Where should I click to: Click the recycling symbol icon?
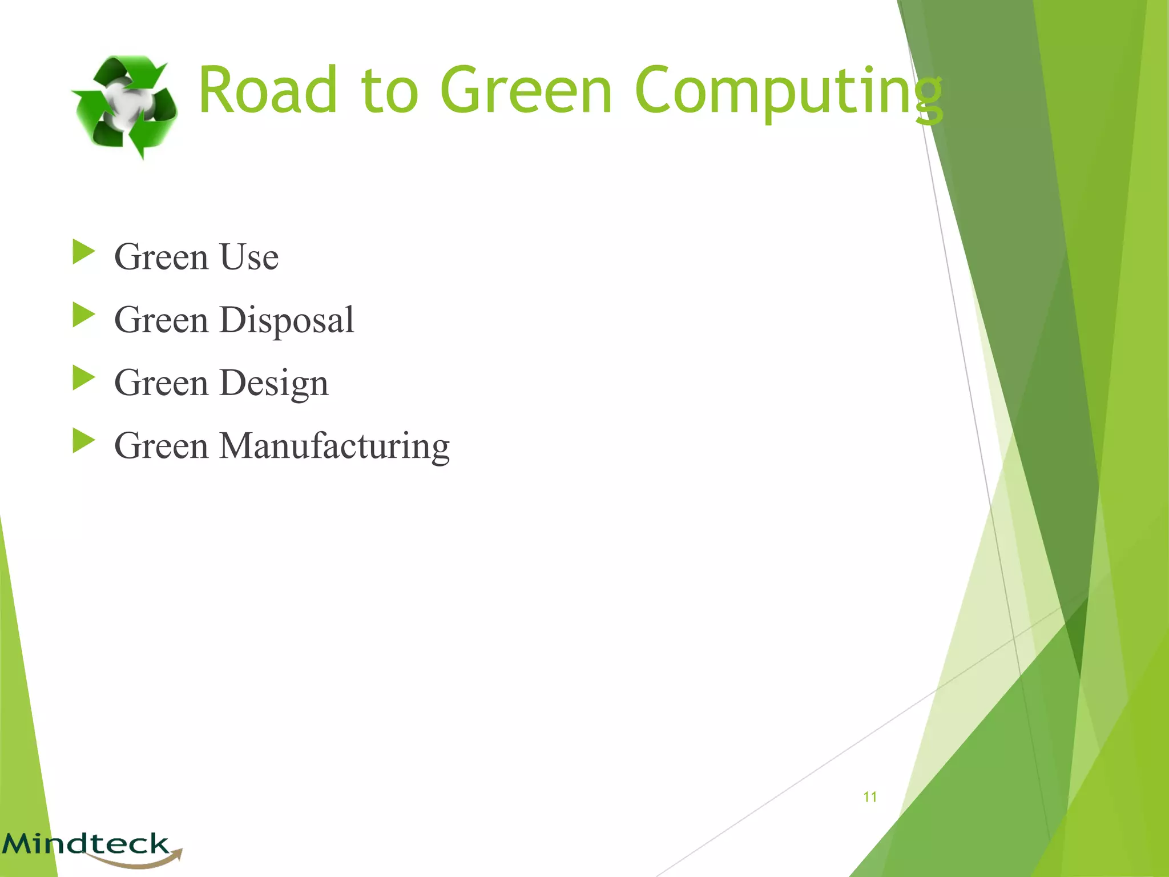click(124, 106)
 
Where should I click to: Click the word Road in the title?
click(267, 90)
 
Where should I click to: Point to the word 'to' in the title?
click(389, 91)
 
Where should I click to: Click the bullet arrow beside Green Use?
click(83, 252)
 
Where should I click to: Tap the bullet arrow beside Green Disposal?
click(83, 315)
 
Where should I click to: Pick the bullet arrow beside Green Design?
click(83, 378)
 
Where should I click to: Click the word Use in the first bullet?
click(249, 256)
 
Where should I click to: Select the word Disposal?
click(287, 320)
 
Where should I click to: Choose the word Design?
click(274, 383)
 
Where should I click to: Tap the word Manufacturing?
click(335, 446)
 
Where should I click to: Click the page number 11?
click(870, 797)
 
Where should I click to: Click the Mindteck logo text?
click(86, 843)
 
